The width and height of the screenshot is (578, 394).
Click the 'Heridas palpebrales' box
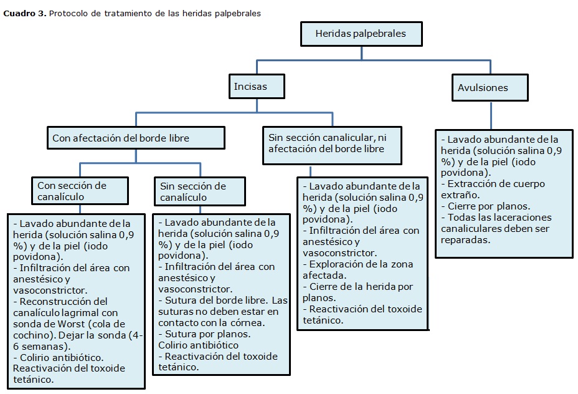click(361, 33)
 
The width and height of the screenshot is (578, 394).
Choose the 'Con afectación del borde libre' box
click(135, 138)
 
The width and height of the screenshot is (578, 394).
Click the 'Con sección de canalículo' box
click(80, 191)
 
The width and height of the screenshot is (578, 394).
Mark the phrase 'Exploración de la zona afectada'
click(358, 269)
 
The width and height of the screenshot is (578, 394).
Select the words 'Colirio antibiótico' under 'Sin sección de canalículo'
click(199, 345)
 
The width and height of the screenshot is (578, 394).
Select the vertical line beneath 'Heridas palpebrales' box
click(361, 53)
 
